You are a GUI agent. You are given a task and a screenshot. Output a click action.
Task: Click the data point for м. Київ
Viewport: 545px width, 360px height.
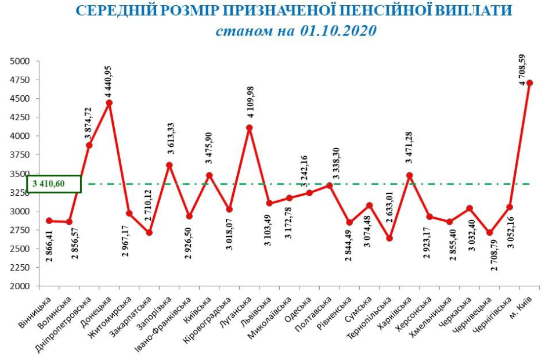point(530,82)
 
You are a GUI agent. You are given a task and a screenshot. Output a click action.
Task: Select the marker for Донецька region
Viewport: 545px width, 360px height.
point(109,103)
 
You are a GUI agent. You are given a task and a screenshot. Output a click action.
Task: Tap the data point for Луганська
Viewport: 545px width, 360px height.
point(248,128)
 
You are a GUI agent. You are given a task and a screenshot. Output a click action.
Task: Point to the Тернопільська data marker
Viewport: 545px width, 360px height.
point(389,239)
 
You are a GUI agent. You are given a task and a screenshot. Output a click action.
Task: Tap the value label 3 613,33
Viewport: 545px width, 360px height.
point(172,138)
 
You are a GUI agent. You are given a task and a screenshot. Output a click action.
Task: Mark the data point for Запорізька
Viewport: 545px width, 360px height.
point(169,165)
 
